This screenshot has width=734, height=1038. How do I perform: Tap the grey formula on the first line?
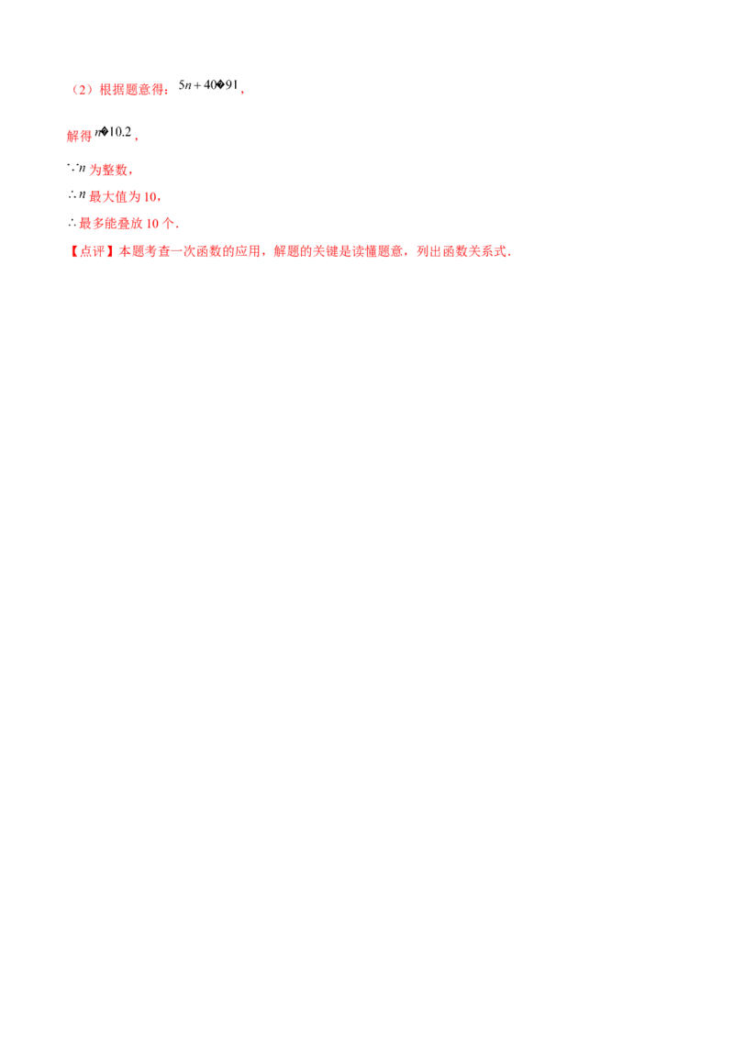(x=207, y=87)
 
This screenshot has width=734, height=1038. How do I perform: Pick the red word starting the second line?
(x=79, y=137)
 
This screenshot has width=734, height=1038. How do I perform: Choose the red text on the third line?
(x=110, y=170)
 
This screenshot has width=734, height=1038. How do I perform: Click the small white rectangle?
(x=73, y=199)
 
